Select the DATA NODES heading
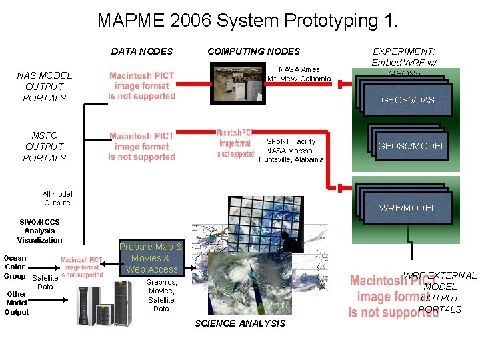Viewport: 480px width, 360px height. [x=141, y=51]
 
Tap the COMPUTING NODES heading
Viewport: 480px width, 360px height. [x=253, y=51]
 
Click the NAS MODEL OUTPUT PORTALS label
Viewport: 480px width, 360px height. [x=45, y=87]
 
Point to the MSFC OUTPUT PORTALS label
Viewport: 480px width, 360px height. [x=45, y=147]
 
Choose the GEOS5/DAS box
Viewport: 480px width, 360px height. [x=407, y=100]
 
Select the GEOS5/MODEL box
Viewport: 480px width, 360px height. [x=411, y=146]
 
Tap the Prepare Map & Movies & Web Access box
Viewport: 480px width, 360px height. [x=151, y=258]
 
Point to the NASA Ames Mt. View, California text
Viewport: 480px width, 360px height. [x=299, y=74]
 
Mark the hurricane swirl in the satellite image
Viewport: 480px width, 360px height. [x=235, y=274]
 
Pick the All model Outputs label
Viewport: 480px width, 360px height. [x=57, y=198]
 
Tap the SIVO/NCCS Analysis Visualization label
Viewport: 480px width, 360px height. [x=39, y=231]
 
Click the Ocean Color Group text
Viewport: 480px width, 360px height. [x=15, y=267]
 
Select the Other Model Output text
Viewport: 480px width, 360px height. [x=17, y=303]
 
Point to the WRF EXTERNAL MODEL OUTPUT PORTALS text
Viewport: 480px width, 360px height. [x=440, y=292]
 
